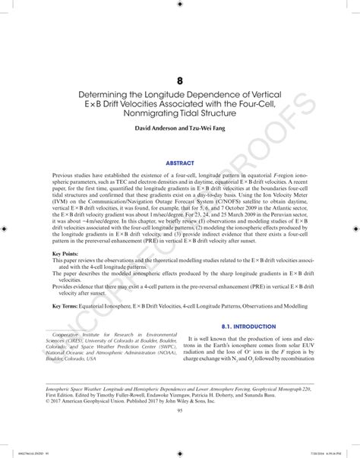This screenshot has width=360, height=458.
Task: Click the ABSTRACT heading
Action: pos(180,162)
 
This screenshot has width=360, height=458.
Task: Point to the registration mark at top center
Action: pos(180,5)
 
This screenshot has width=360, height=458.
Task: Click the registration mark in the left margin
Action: pos(5,227)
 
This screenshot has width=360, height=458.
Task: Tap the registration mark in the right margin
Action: pos(355,227)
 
